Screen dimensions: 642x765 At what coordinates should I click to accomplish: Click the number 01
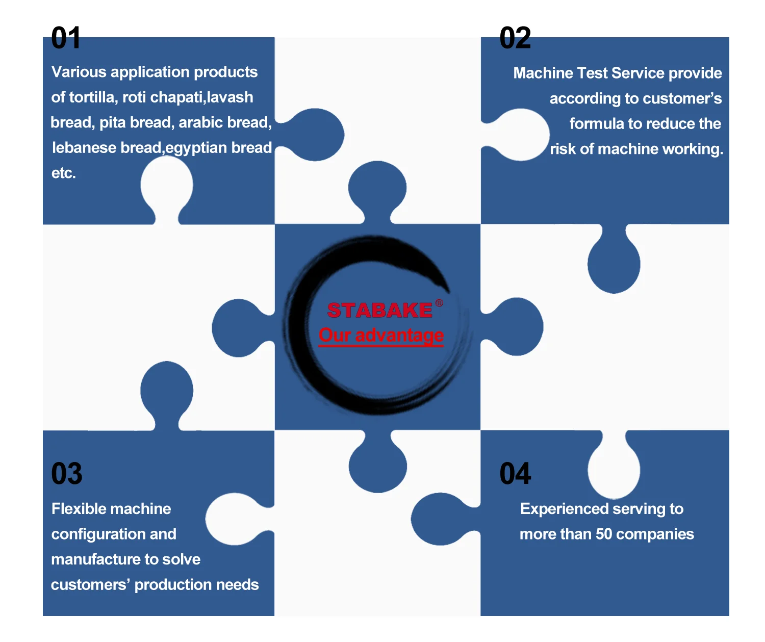click(66, 38)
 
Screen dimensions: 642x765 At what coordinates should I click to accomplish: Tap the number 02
click(515, 38)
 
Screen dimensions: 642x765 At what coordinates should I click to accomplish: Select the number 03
click(67, 474)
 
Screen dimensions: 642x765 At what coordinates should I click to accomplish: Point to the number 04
click(515, 474)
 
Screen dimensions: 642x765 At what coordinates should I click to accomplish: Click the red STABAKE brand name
click(380, 310)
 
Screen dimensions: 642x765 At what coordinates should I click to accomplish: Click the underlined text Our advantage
click(381, 335)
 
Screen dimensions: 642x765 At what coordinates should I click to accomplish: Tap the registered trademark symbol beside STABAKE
click(439, 303)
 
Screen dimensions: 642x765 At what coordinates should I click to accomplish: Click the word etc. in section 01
click(63, 173)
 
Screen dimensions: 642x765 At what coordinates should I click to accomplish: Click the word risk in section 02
click(563, 149)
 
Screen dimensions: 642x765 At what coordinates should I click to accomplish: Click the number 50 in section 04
click(604, 534)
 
